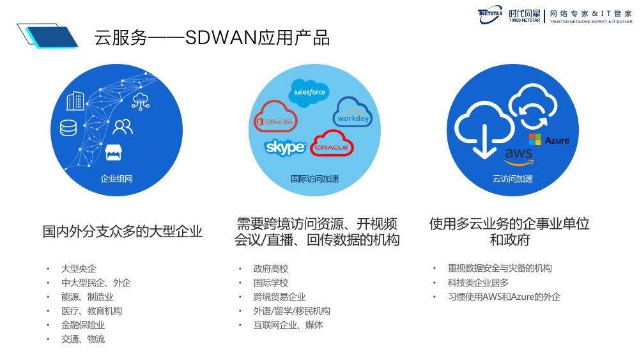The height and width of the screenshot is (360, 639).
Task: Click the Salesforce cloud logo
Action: pos(309,92)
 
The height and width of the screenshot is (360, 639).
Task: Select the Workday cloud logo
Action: pos(352,114)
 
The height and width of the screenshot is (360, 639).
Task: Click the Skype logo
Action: pos(285,148)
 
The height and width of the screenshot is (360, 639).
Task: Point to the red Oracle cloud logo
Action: pos(332,145)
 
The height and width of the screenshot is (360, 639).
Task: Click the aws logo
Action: pos(518,155)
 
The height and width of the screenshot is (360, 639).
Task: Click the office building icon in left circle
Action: pos(75,100)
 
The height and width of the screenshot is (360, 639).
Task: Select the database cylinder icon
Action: pos(68,127)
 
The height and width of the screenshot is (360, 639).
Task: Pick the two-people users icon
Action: pos(122,127)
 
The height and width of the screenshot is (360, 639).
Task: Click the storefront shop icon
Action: pos(114,152)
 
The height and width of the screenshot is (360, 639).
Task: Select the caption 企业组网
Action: pos(117,178)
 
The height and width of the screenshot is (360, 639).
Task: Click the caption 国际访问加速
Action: pos(315,178)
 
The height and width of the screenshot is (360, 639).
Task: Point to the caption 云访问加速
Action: pos(512,178)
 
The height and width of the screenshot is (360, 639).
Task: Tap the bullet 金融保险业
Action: pos(83,325)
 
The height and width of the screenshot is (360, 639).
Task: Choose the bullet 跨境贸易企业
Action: pos(279,297)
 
